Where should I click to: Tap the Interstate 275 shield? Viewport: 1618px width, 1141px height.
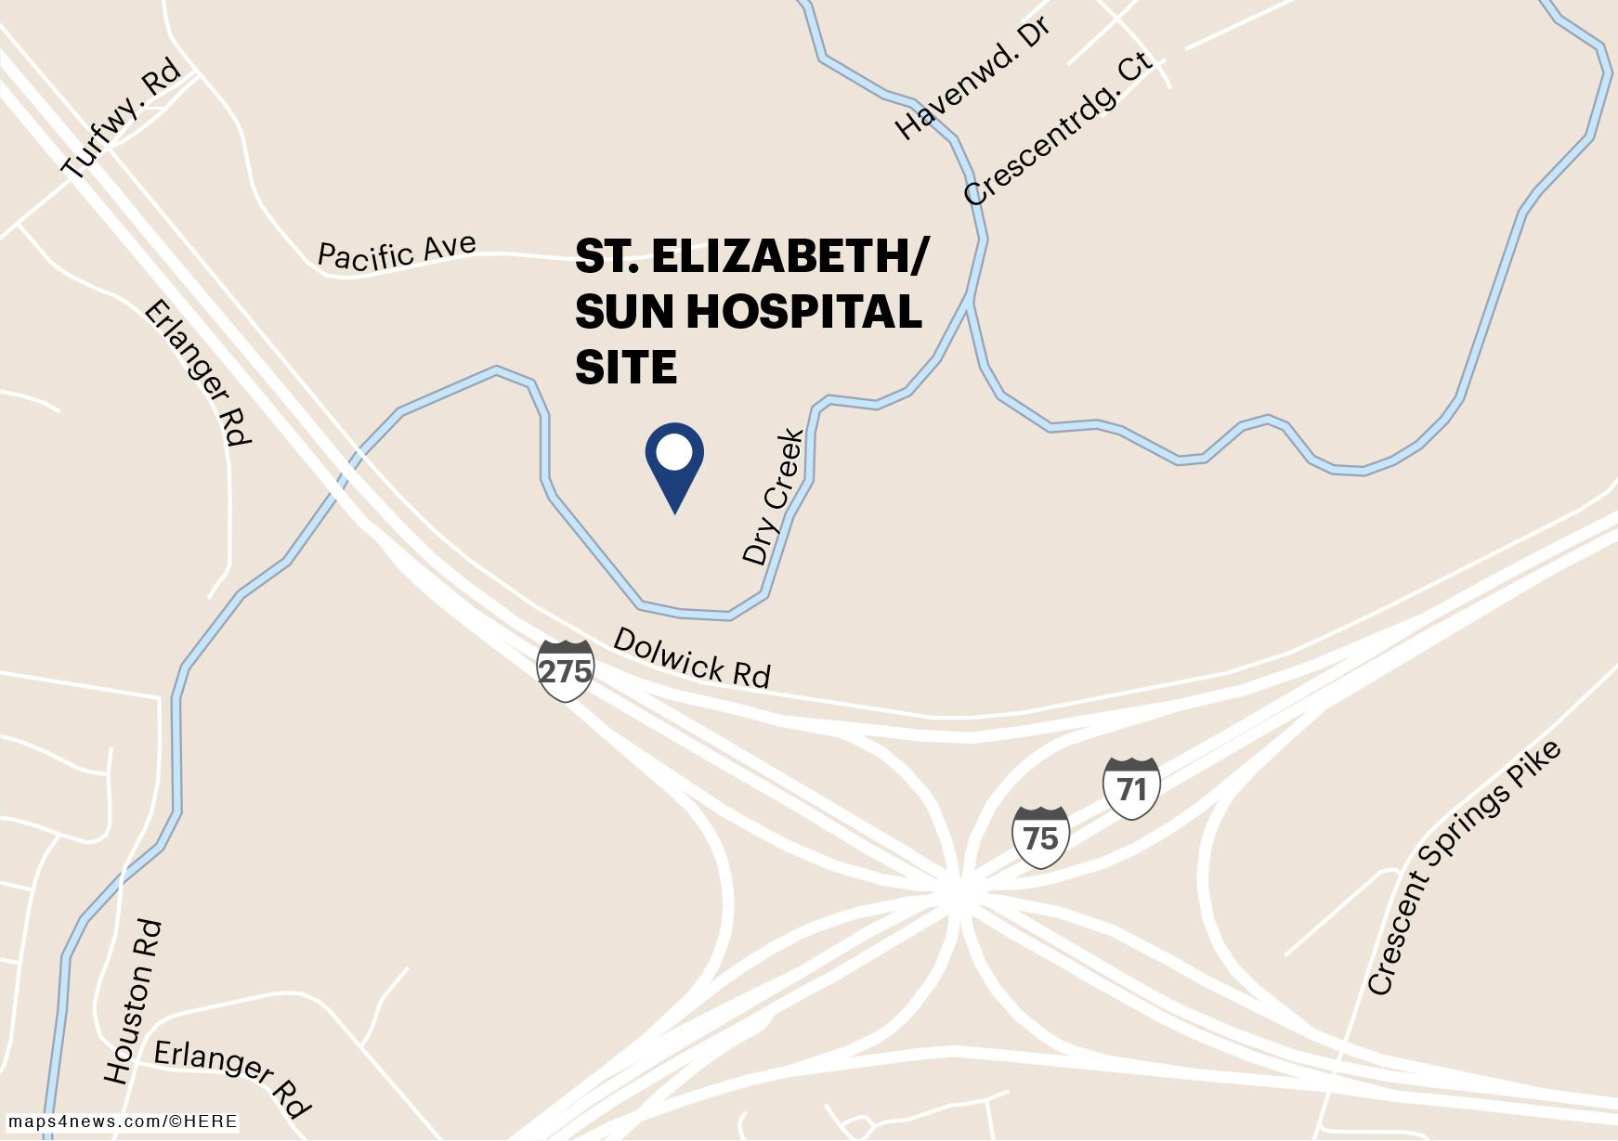click(565, 669)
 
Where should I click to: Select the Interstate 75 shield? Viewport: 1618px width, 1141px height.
click(1040, 837)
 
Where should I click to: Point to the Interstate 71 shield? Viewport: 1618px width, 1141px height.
click(1131, 788)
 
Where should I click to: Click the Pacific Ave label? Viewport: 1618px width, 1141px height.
click(397, 252)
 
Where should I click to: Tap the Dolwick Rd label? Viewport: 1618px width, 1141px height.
click(692, 658)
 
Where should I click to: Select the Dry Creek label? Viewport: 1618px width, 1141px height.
click(773, 497)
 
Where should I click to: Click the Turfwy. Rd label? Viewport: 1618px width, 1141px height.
click(121, 121)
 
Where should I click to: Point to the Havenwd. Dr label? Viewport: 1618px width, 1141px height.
click(972, 78)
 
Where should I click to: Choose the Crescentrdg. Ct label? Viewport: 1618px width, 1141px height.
click(1058, 128)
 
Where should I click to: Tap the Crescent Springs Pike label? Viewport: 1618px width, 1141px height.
click(1464, 869)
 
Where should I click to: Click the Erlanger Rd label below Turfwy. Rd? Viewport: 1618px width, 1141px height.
click(198, 372)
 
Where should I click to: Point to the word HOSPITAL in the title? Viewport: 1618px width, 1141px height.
click(803, 312)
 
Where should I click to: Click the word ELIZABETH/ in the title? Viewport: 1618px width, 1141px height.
click(789, 256)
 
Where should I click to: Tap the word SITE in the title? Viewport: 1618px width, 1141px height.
click(626, 368)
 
